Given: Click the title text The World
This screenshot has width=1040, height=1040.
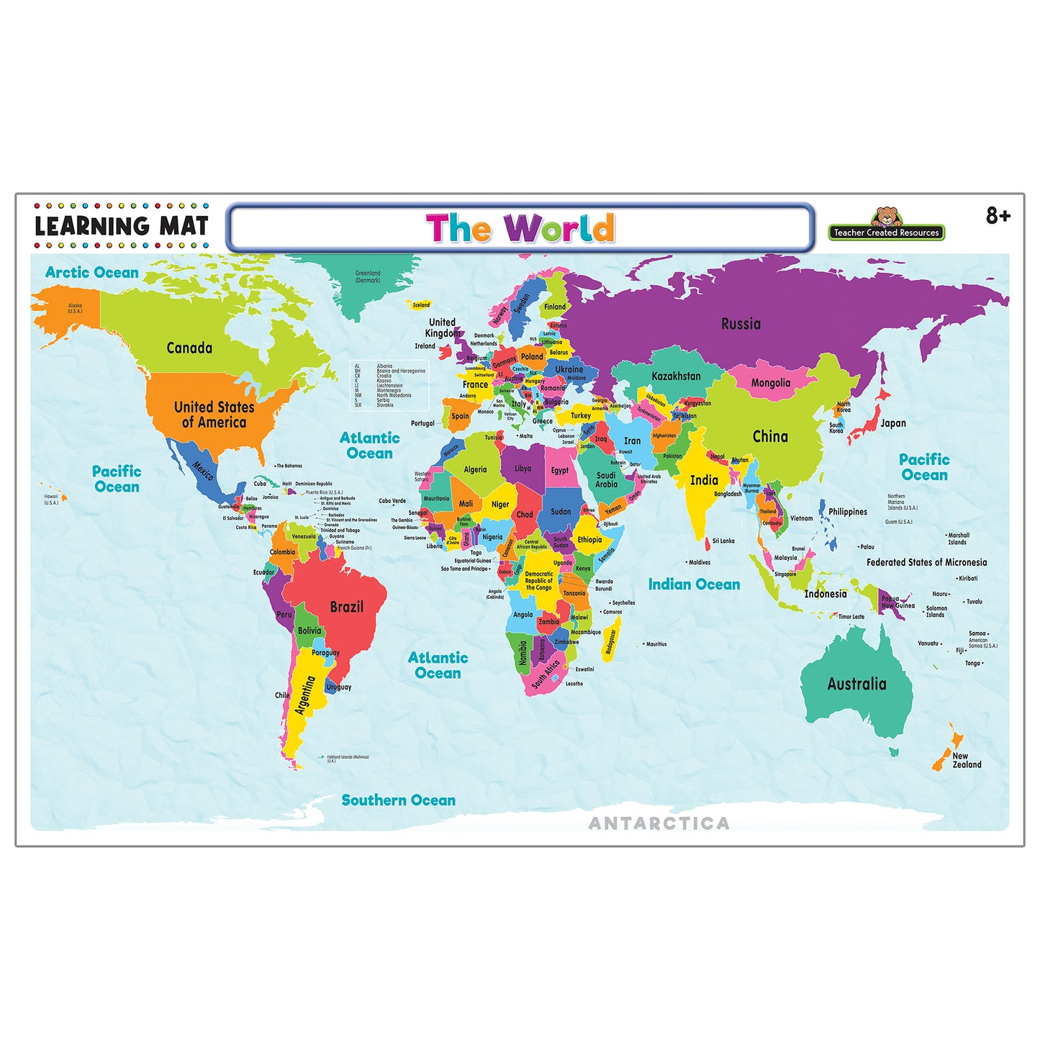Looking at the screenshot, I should tap(520, 228).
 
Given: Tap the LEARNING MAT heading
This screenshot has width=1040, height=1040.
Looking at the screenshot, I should tap(122, 226).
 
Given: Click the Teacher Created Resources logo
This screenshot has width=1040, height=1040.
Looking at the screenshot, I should tap(886, 225).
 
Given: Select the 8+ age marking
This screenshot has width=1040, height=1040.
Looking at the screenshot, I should tap(998, 215).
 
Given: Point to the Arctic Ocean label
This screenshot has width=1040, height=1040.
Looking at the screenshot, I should tap(91, 272).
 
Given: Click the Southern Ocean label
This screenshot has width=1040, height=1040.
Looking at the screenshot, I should tap(398, 800).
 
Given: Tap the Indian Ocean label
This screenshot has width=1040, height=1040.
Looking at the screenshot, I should tap(694, 584).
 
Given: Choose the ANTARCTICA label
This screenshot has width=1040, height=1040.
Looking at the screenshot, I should tap(659, 823).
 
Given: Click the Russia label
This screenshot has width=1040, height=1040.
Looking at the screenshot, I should tap(741, 324).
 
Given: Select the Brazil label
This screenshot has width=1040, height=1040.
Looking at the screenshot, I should tap(346, 607).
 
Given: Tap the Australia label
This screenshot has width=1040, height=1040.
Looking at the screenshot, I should tap(856, 684).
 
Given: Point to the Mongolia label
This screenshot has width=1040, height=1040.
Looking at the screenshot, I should tap(770, 383).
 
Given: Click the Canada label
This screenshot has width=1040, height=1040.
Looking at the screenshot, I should tap(189, 348).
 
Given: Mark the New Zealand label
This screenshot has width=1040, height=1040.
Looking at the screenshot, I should tap(966, 760).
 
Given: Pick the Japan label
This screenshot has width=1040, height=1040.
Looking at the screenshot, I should tap(892, 423).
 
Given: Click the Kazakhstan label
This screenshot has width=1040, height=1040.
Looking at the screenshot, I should tap(676, 376).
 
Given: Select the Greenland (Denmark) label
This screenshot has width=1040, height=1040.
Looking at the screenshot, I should tap(368, 276).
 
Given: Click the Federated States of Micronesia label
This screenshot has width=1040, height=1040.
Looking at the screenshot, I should tap(926, 562).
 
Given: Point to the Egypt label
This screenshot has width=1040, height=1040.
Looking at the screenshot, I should tap(559, 470).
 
